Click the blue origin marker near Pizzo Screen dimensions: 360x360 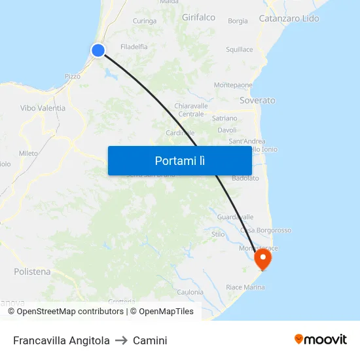pos(98,50)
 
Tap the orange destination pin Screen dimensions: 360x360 pos(262,258)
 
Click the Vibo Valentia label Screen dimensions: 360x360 pos(43,108)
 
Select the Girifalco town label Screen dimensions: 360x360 pos(198,18)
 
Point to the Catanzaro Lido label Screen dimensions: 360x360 pos(289,18)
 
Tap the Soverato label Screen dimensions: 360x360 pos(257,101)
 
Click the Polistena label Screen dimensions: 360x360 pos(32,272)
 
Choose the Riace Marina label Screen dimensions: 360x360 pos(245,287)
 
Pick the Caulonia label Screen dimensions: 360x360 pos(190,292)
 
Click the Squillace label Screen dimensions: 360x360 pos(239,50)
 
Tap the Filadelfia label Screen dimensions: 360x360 pos(134,47)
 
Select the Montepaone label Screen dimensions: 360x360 pos(233,85)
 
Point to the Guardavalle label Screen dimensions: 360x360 pos(234,217)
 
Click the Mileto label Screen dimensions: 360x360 pos(28,153)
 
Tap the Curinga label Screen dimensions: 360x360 pos(144,21)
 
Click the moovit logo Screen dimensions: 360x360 pos(320,340)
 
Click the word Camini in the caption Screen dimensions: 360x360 pos(150,340)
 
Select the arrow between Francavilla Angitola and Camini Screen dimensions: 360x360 pos(121,340)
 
